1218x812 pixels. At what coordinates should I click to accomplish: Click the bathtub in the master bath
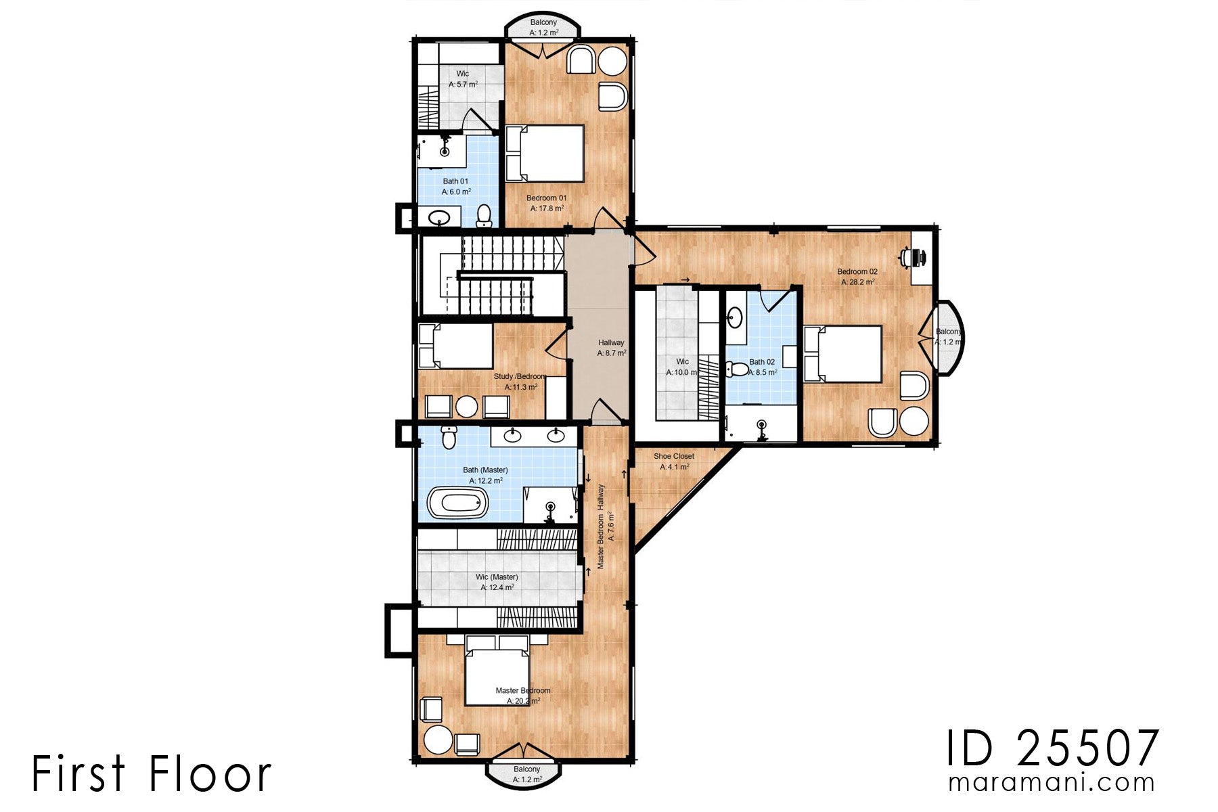pyautogui.click(x=458, y=503)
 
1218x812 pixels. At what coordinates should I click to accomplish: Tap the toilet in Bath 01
pyautogui.click(x=484, y=215)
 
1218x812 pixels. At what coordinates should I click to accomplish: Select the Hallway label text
pyautogui.click(x=611, y=343)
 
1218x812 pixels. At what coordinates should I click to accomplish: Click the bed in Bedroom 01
pyautogui.click(x=545, y=154)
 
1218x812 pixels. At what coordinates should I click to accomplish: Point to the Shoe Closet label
pyautogui.click(x=673, y=456)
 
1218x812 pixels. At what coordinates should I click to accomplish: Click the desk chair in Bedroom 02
pyautogui.click(x=907, y=257)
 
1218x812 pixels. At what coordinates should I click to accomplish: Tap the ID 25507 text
pyautogui.click(x=1052, y=750)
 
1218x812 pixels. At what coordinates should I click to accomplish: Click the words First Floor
pyautogui.click(x=152, y=773)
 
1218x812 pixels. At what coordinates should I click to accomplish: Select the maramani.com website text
pyautogui.click(x=1052, y=783)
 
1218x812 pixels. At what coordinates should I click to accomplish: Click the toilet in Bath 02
pyautogui.click(x=736, y=369)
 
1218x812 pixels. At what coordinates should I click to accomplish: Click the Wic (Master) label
pyautogui.click(x=497, y=577)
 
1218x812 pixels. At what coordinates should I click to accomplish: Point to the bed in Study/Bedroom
pyautogui.click(x=455, y=346)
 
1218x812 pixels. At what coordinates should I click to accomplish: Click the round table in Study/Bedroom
pyautogui.click(x=466, y=407)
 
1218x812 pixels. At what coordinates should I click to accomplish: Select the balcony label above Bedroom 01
pyautogui.click(x=543, y=23)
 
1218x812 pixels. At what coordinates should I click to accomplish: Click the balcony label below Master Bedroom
pyautogui.click(x=526, y=769)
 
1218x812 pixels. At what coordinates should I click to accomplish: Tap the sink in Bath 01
pyautogui.click(x=441, y=218)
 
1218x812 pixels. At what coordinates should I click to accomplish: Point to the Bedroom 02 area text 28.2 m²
pyautogui.click(x=857, y=282)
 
